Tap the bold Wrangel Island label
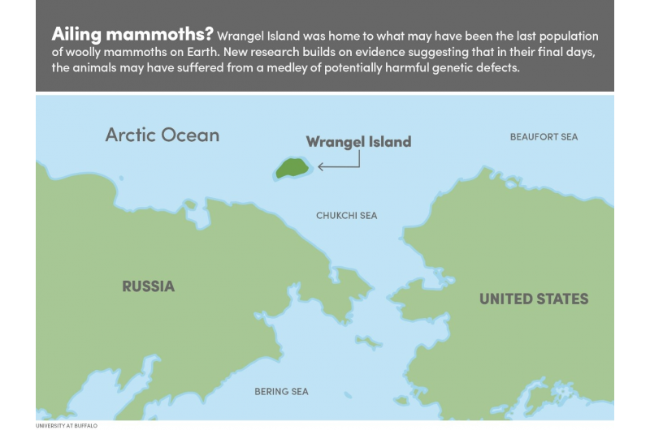coord(358,142)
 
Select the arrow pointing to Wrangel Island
coord(339,166)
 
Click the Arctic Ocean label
coord(162,135)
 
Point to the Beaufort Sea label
coord(544,137)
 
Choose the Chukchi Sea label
coord(346,216)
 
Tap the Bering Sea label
coord(282,392)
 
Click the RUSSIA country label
coord(148,286)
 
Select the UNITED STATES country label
coord(533,299)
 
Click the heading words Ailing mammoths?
coord(132,35)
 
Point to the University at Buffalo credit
coord(66,424)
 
